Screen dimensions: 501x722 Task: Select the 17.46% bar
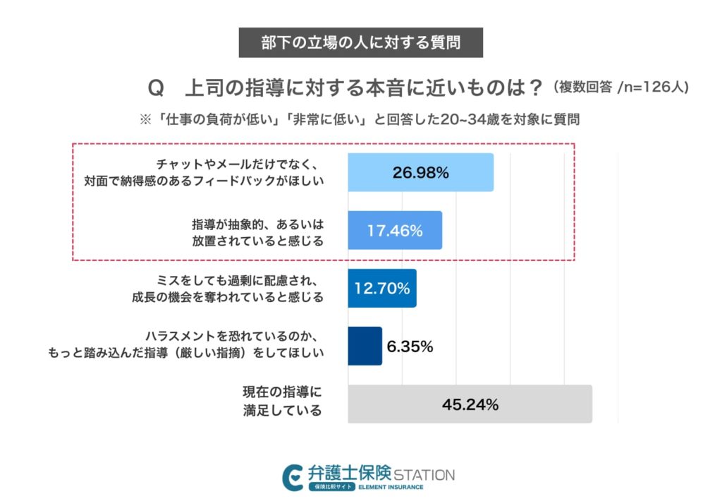[x=395, y=230]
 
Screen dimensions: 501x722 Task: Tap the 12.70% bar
[x=381, y=288]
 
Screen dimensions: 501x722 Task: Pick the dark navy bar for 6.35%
[x=365, y=346]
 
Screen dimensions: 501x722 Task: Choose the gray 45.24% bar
[x=470, y=404]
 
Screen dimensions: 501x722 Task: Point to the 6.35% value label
[x=410, y=346]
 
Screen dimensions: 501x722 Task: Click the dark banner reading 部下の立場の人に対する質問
[x=361, y=42]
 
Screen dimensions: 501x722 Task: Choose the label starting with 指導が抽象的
[x=257, y=231]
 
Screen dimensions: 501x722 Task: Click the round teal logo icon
[x=292, y=477]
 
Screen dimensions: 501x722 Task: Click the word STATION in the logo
[x=424, y=474]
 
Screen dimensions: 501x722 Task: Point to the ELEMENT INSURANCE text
[x=391, y=488]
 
